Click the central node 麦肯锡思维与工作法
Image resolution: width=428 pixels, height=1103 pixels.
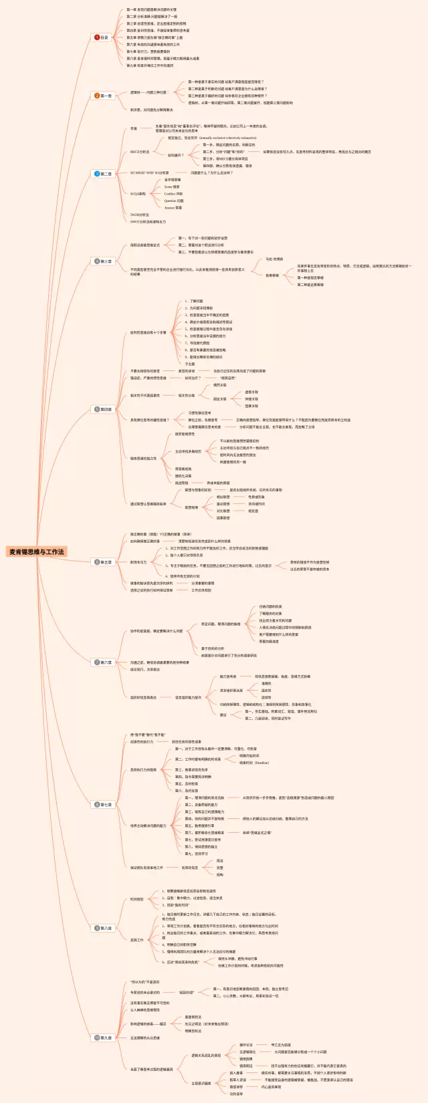[x=37, y=551]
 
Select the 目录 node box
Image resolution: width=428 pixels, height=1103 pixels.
[x=102, y=37]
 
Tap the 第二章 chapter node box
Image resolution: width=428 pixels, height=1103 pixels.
[x=103, y=96]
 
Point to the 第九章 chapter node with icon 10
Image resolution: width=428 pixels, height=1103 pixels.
[x=103, y=1037]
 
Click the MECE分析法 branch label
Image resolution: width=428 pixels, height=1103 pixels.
[x=140, y=152]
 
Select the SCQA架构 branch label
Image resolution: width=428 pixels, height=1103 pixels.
[x=138, y=194]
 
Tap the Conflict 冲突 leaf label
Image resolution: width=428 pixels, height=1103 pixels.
[x=173, y=194]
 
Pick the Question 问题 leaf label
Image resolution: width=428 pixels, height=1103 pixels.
[x=174, y=201]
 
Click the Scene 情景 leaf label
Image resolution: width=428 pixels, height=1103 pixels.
[x=172, y=187]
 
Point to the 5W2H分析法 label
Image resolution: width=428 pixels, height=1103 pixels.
[x=140, y=215]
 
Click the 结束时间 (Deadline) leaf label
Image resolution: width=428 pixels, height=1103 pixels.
[x=254, y=763]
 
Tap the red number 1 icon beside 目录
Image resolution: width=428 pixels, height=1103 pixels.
[x=97, y=37]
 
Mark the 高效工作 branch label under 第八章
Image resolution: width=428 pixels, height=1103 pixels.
[x=136, y=940]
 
